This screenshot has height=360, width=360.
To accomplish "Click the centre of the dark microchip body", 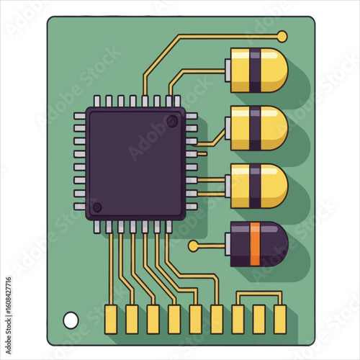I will click(x=135, y=163).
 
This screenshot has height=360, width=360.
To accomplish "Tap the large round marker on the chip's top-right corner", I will click(x=172, y=121).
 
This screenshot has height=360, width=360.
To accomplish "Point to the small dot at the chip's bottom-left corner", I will click(x=98, y=207).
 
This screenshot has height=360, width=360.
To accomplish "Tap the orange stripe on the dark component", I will click(x=254, y=244).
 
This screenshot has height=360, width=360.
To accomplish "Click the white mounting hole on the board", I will click(x=71, y=318).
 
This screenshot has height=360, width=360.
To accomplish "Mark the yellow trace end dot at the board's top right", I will click(x=282, y=35).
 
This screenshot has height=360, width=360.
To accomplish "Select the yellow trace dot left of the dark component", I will click(x=193, y=246).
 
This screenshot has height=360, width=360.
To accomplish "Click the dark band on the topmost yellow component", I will click(x=256, y=70).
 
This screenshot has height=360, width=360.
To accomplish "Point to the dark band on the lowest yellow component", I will click(x=256, y=184).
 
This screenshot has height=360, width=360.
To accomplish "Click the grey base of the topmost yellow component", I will click(x=229, y=70).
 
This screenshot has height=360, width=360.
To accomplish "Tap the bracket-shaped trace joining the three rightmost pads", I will click(x=259, y=293).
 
